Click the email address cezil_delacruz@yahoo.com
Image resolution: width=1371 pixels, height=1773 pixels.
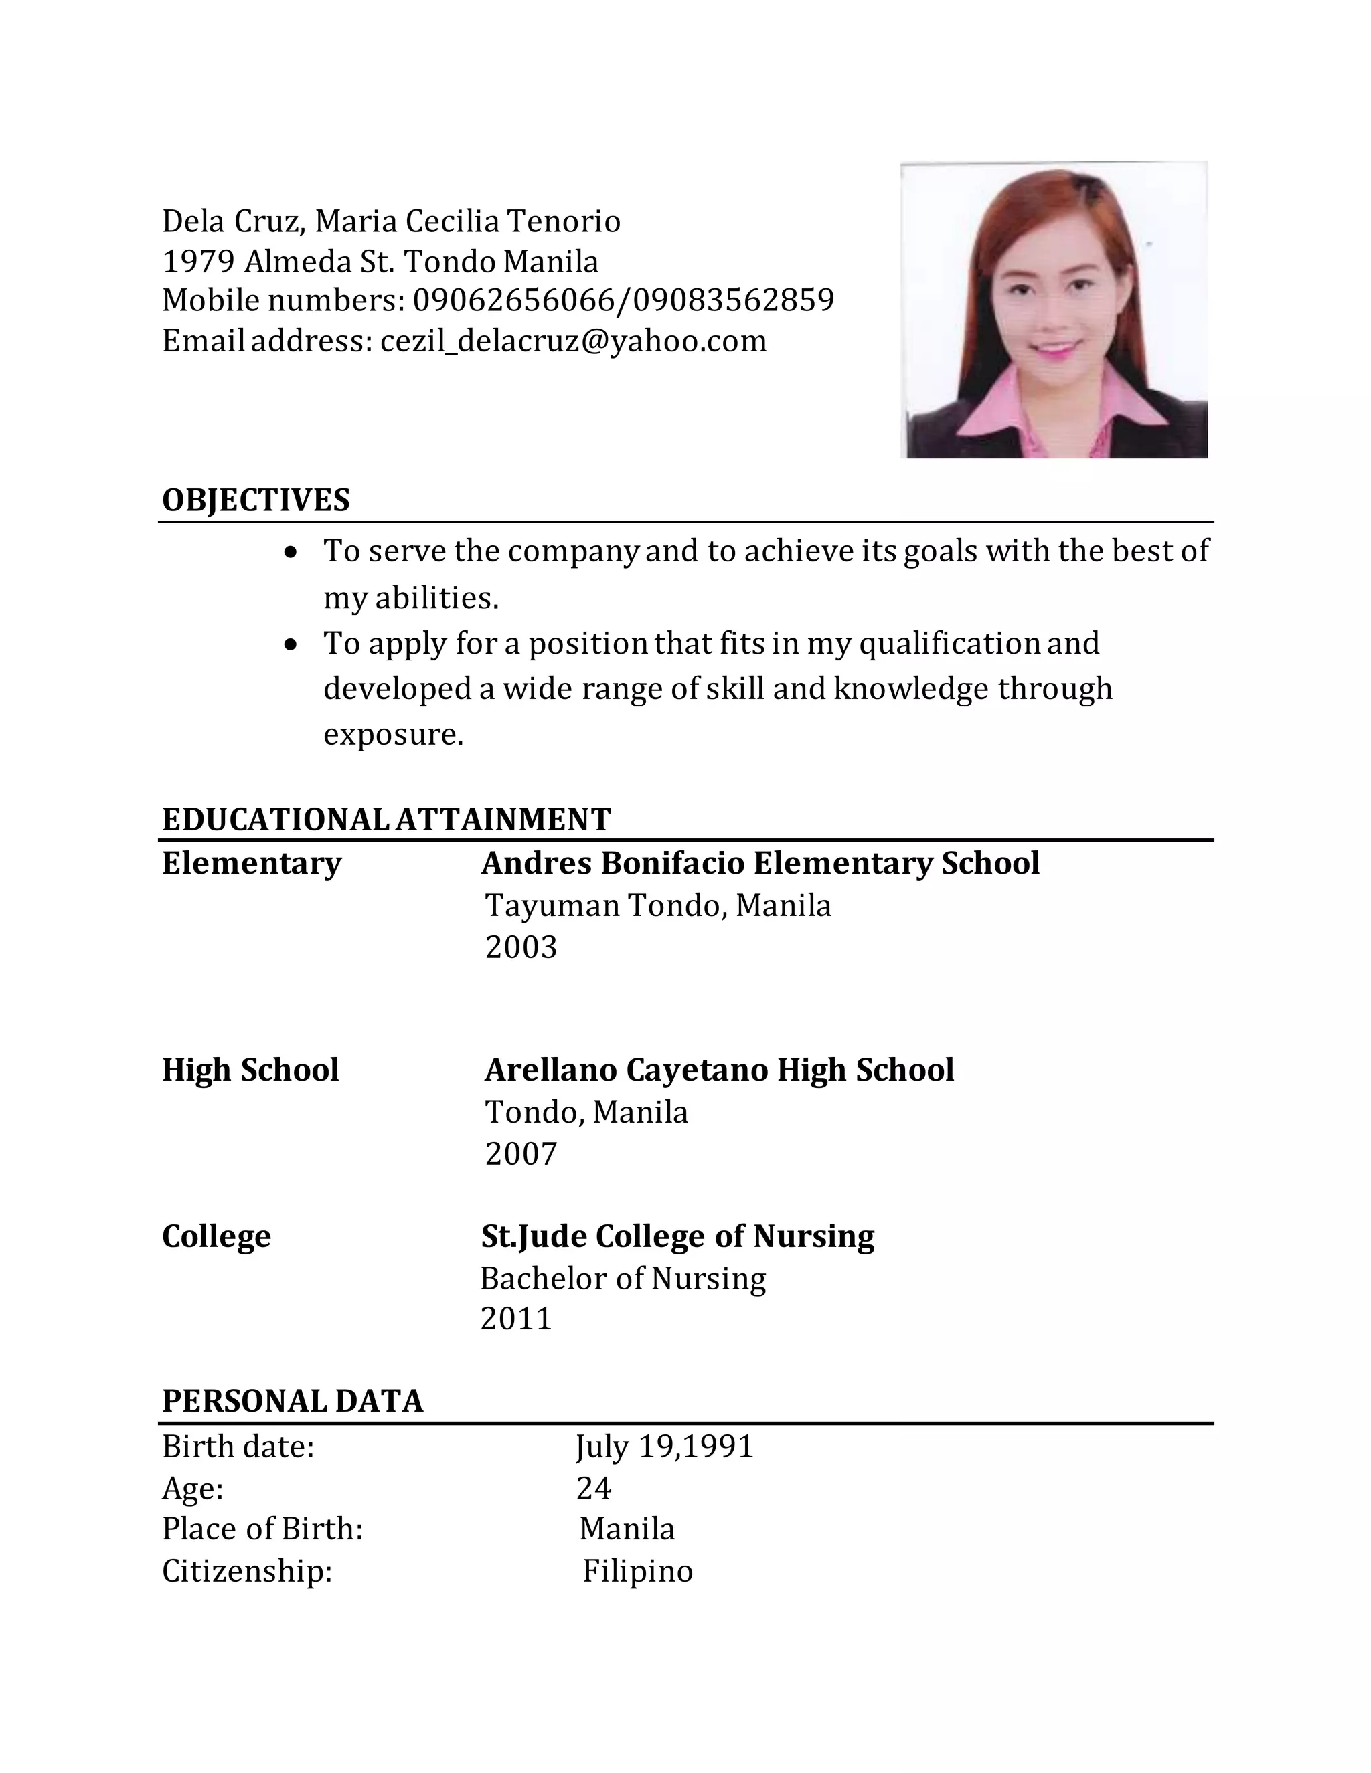tap(574, 341)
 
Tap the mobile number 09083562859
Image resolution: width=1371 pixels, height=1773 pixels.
tap(734, 300)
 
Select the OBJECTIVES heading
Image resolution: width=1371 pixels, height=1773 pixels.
tap(256, 500)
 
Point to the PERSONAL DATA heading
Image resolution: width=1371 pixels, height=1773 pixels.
tap(293, 1401)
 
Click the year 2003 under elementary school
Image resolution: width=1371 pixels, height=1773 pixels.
tap(521, 947)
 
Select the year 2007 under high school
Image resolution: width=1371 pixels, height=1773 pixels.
tap(521, 1153)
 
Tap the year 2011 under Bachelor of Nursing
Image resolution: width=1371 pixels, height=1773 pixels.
tap(515, 1319)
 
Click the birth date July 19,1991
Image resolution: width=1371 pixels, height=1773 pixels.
tap(664, 1447)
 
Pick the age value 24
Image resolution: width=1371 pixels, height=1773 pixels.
tap(594, 1488)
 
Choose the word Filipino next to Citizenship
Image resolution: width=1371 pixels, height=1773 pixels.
tap(637, 1571)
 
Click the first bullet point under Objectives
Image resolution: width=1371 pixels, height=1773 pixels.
tap(291, 552)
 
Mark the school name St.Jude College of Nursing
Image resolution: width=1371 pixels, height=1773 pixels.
tap(677, 1236)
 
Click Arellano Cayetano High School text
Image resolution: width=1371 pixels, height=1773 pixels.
tap(719, 1070)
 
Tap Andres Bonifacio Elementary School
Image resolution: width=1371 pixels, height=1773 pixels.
tap(760, 863)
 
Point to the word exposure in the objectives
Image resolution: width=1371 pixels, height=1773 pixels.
tap(392, 735)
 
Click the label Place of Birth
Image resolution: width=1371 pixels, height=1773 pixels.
tap(262, 1529)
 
